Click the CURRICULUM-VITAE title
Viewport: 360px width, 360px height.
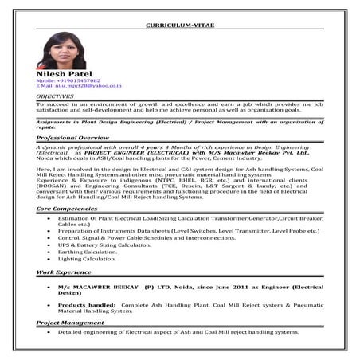click(179, 25)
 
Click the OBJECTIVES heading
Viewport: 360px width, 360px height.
click(57, 95)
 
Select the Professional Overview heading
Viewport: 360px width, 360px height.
click(72, 138)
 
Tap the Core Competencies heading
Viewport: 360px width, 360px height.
click(66, 208)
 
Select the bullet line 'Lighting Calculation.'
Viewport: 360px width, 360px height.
click(87, 259)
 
